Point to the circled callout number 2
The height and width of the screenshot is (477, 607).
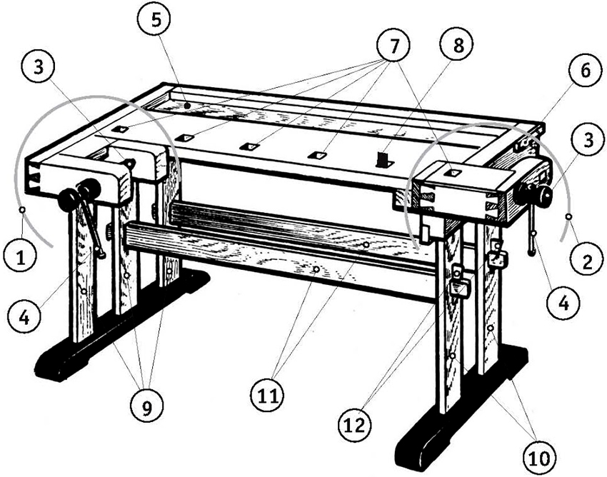click(586, 261)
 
